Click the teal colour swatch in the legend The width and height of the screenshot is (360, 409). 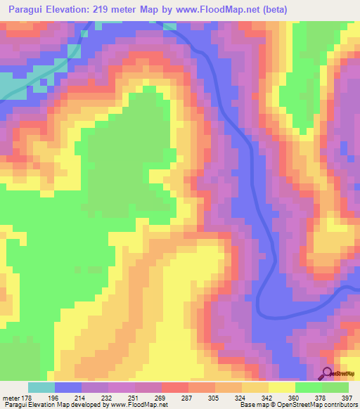point(41,387)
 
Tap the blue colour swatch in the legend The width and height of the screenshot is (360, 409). point(68,387)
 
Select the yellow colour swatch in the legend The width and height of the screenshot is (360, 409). point(282,387)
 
